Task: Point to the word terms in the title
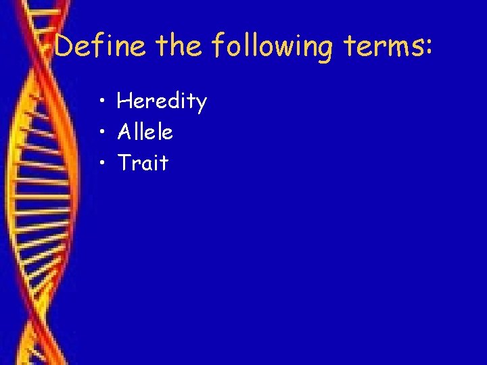[383, 47]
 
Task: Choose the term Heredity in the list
[162, 101]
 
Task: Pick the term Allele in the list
[145, 132]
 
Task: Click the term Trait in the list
[142, 162]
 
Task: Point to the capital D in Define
[65, 47]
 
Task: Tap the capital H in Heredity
[124, 101]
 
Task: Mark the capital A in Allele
[124, 132]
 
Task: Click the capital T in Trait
[124, 162]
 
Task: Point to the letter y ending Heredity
[201, 105]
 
